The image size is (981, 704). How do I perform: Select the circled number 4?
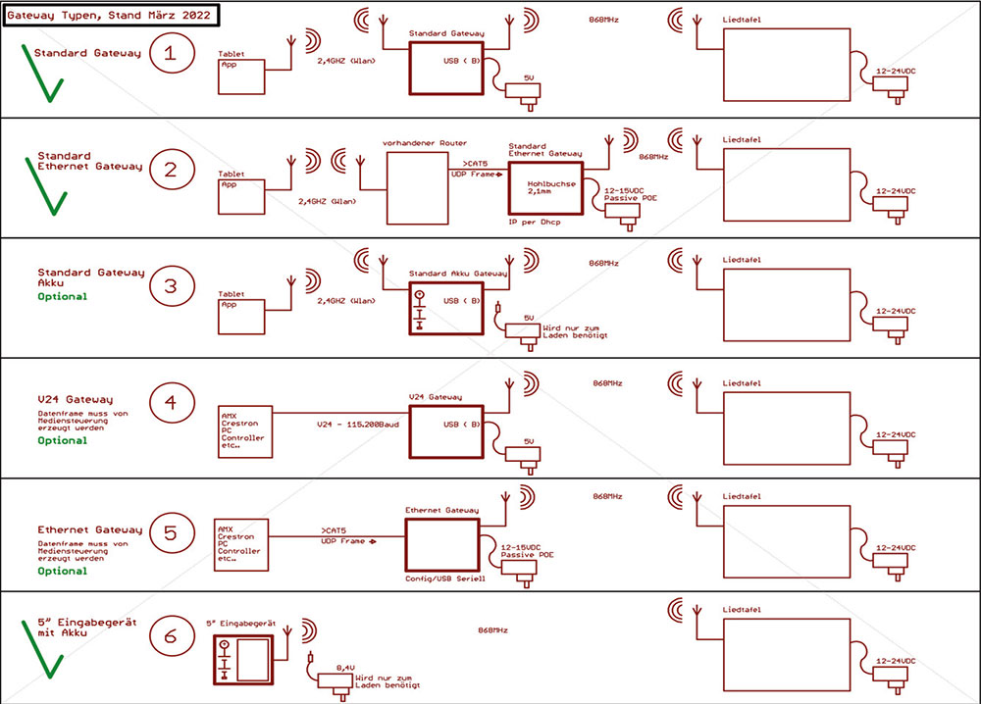(x=172, y=402)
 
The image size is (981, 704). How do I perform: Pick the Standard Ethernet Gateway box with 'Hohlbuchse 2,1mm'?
(x=544, y=187)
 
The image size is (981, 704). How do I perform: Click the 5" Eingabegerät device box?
(x=244, y=659)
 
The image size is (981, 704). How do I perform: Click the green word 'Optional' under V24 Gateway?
(x=62, y=440)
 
